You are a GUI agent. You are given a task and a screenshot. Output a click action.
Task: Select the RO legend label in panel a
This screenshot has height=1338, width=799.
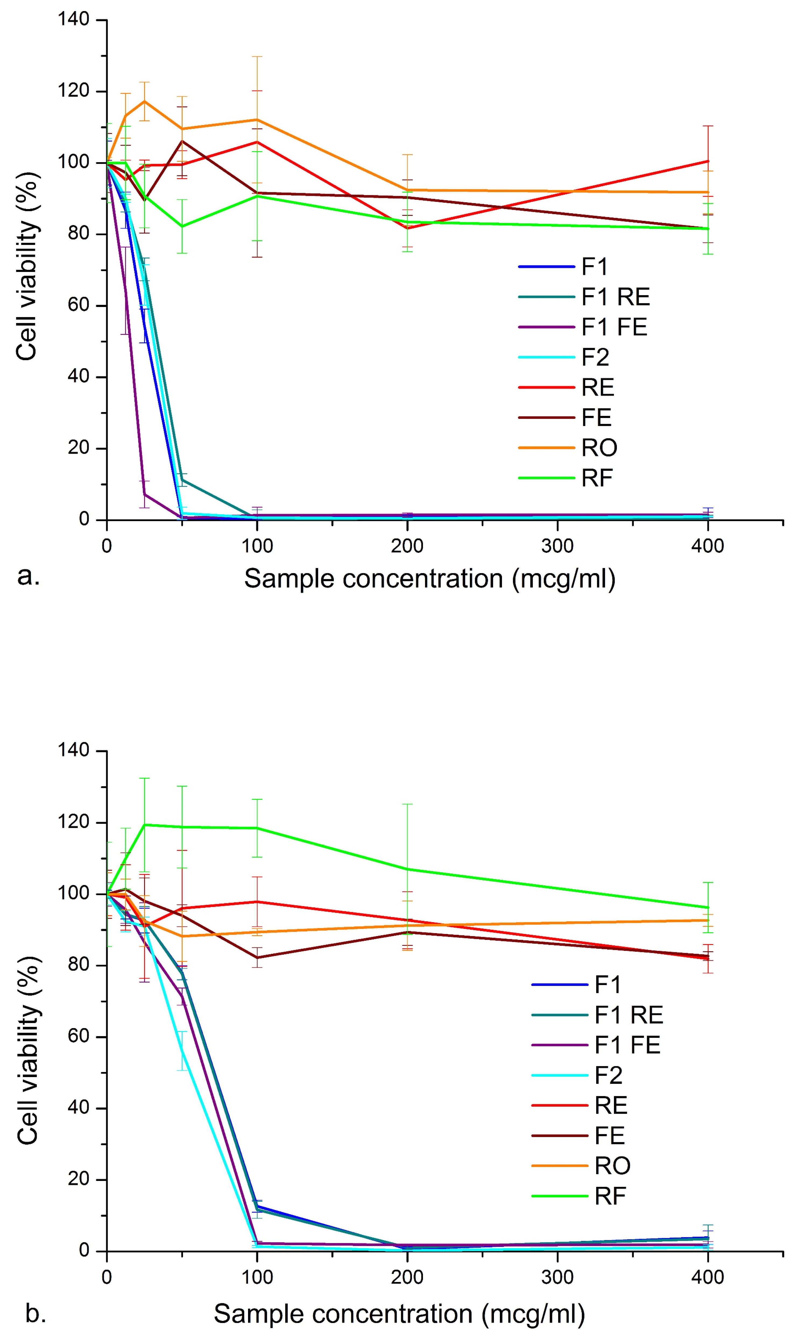click(599, 447)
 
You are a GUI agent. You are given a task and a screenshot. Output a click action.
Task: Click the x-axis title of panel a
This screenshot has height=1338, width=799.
click(430, 579)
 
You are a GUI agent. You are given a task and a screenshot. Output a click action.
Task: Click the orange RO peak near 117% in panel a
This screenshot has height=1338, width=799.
click(144, 101)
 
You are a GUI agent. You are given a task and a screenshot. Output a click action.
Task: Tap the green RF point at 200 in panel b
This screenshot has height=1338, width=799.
click(407, 869)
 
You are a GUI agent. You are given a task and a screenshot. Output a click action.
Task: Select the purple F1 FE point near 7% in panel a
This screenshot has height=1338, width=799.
click(144, 494)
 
